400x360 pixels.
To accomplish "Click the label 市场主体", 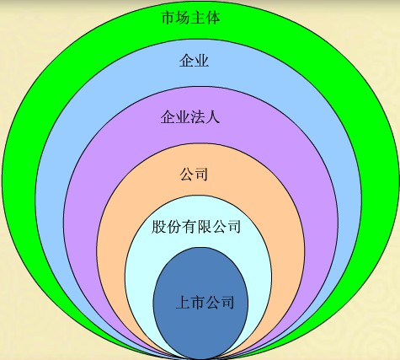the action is click(x=190, y=19).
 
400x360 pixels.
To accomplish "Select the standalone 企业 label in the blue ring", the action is click(x=194, y=61).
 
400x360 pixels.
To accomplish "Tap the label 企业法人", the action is click(x=190, y=117).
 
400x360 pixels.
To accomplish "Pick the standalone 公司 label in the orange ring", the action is click(x=194, y=175).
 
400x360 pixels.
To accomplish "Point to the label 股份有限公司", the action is click(x=196, y=227).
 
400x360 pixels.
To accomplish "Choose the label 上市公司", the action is click(x=205, y=303).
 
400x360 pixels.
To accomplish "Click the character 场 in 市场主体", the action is click(x=183, y=19).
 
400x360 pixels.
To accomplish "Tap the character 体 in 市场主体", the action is click(x=213, y=19).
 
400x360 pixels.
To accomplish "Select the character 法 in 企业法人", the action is click(x=197, y=117).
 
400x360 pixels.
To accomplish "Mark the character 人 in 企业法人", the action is click(x=212, y=117).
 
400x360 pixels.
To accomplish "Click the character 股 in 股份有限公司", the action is click(x=158, y=227).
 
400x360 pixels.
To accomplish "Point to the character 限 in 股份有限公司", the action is click(x=204, y=227).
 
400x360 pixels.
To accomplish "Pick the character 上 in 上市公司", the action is click(x=183, y=303).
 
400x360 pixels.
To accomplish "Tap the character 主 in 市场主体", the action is click(x=198, y=19).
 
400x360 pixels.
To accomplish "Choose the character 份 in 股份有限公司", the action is click(x=173, y=227).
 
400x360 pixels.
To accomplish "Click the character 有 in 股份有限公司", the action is click(x=189, y=227).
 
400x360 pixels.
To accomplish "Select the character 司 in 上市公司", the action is click(x=227, y=303).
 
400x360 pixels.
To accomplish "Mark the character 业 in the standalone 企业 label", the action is click(x=201, y=61).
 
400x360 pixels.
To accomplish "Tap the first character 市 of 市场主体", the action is click(x=168, y=19).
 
